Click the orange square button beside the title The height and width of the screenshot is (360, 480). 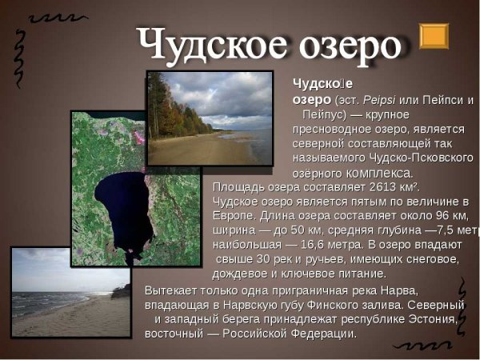coord(434,36)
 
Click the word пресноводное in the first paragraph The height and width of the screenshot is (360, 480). coord(328,128)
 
